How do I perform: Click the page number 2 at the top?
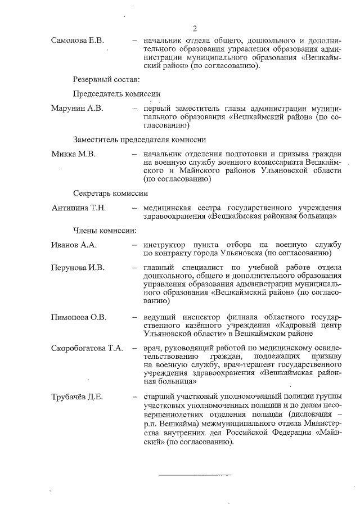pyautogui.click(x=194, y=29)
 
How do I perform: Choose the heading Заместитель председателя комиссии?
pyautogui.click(x=139, y=139)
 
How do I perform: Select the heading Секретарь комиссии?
pyautogui.click(x=110, y=192)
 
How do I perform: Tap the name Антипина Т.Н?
pyautogui.click(x=79, y=208)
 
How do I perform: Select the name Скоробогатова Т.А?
pyautogui.click(x=87, y=348)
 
